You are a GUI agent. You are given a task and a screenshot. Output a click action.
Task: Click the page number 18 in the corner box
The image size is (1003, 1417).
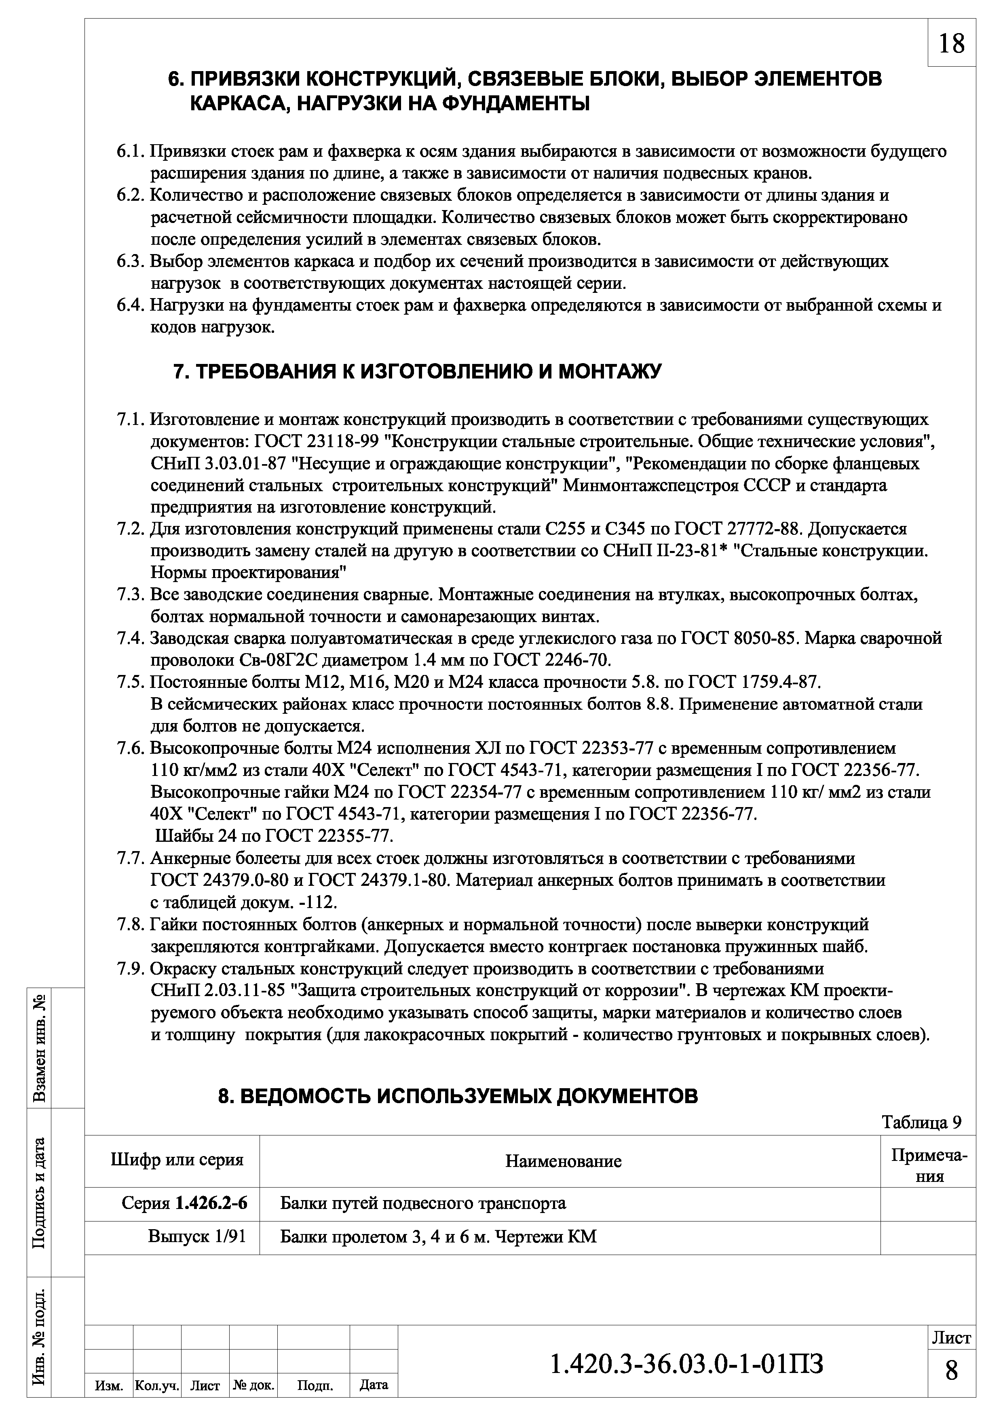[951, 44]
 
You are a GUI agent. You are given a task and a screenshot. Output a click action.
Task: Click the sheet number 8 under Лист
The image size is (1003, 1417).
[952, 1387]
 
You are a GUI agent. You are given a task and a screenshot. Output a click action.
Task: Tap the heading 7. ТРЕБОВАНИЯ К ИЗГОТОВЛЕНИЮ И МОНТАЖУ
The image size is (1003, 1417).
[417, 372]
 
